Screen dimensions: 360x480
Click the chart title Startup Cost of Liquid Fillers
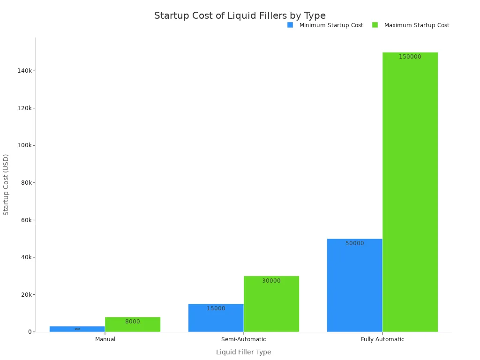[240, 15]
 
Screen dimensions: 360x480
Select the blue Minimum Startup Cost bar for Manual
[77, 329]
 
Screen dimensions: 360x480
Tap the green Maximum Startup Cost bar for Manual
[133, 324]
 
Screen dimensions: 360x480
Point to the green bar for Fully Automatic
[410, 192]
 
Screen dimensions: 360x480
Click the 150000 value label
[410, 57]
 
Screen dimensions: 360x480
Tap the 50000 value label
[354, 243]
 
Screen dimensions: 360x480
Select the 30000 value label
[271, 281]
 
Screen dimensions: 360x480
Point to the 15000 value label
[216, 308]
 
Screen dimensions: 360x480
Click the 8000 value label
[132, 322]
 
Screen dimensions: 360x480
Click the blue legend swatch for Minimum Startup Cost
[290, 25]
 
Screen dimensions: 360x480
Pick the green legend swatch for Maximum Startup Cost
[375, 25]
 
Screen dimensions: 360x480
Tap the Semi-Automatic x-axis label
[243, 339]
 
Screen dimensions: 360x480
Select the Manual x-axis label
[105, 339]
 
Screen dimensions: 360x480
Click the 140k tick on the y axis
[24, 70]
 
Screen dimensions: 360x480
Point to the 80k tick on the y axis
[26, 182]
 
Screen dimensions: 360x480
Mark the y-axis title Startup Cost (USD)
[6, 184]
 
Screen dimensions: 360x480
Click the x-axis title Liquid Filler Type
[243, 352]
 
